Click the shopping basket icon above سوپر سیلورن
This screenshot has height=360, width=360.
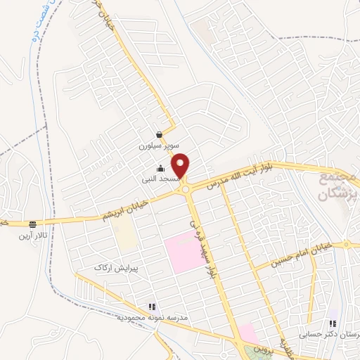pyautogui.click(x=160, y=135)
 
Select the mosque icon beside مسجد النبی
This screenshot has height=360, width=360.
pyautogui.click(x=160, y=168)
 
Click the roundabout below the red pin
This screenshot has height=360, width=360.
pyautogui.click(x=186, y=188)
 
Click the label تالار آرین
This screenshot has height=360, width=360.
pyautogui.click(x=32, y=236)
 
